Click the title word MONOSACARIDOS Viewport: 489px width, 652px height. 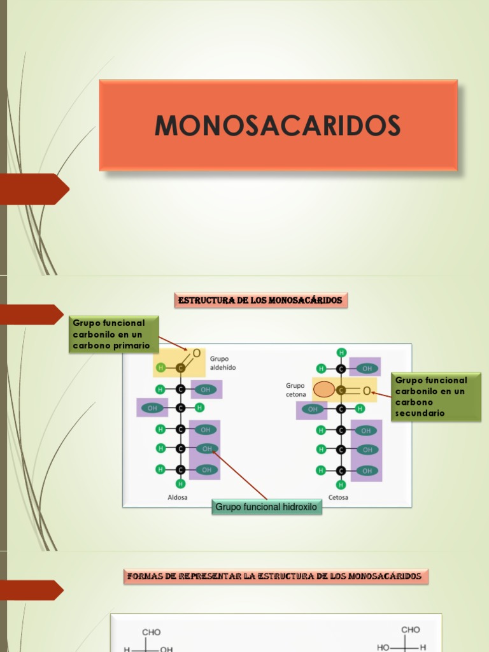point(278,125)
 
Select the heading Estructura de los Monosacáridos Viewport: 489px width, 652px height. point(260,300)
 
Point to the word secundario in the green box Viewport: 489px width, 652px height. point(420,413)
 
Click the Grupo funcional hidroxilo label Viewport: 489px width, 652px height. point(267,507)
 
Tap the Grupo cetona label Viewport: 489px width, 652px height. point(296,390)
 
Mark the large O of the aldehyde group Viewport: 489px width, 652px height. point(196,353)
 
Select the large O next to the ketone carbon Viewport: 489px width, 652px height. point(367,390)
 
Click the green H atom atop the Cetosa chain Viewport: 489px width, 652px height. point(342,352)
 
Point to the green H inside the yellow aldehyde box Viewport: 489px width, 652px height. point(161,367)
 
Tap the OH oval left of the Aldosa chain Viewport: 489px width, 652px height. point(152,407)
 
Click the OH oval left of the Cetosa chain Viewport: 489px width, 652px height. point(312,409)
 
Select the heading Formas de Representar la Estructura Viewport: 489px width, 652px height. point(274,576)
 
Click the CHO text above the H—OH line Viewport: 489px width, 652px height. point(152,632)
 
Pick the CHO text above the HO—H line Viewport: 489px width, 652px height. point(411,630)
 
